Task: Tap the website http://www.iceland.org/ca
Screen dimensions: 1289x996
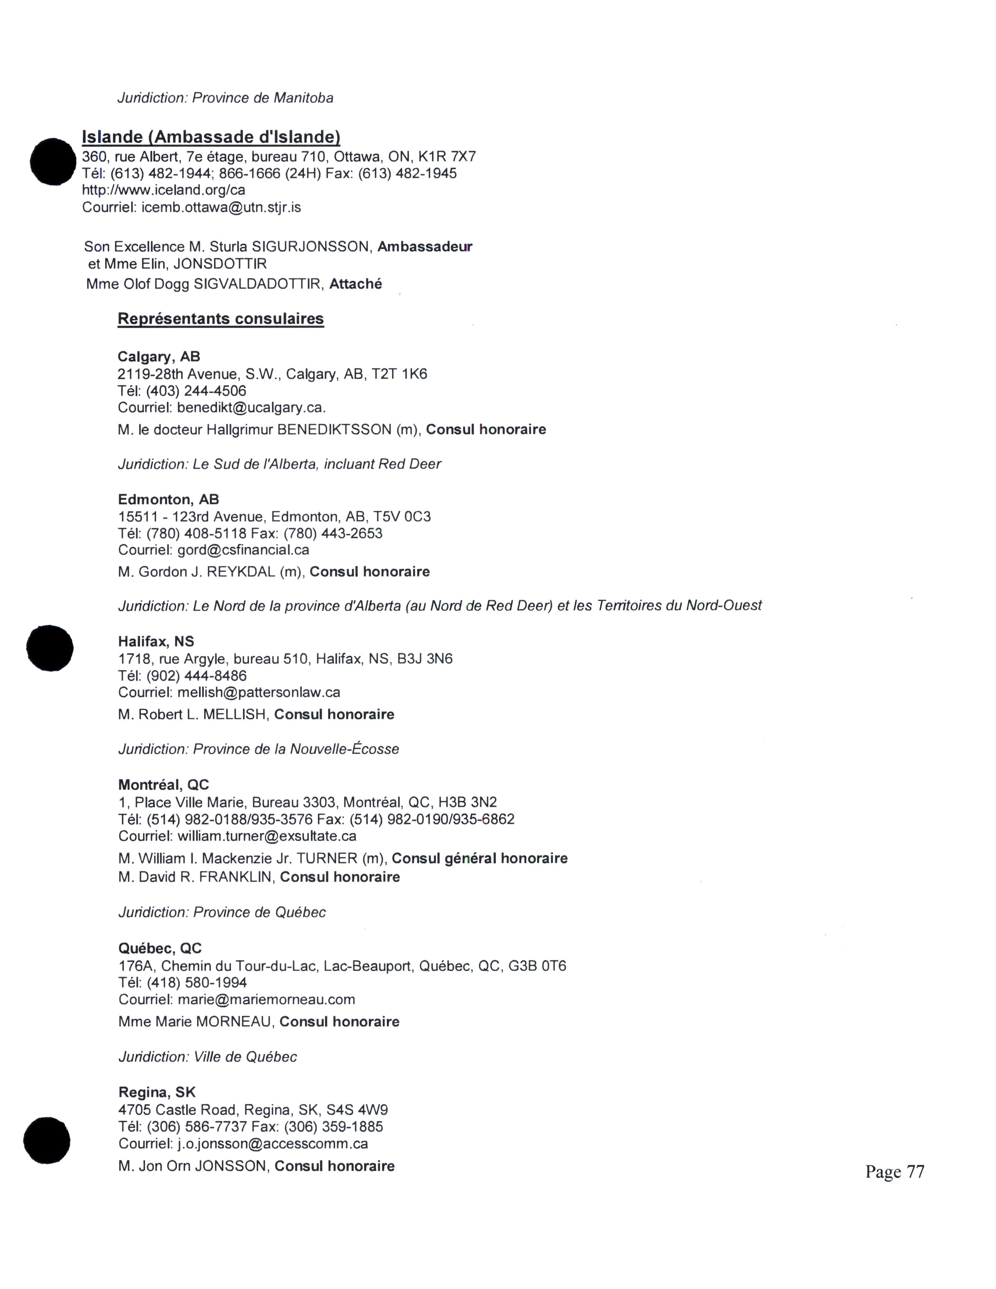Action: point(163,190)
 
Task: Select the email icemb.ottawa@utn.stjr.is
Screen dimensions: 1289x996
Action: point(221,207)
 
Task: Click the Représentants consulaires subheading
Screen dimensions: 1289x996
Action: point(221,319)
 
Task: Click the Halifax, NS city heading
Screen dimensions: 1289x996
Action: point(156,641)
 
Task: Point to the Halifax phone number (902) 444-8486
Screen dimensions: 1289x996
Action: point(196,676)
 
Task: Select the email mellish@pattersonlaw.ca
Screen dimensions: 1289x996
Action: point(259,692)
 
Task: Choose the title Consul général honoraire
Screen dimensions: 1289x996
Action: point(479,858)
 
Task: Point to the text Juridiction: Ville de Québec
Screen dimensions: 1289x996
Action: point(208,1057)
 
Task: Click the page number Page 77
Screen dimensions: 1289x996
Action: point(894,1171)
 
